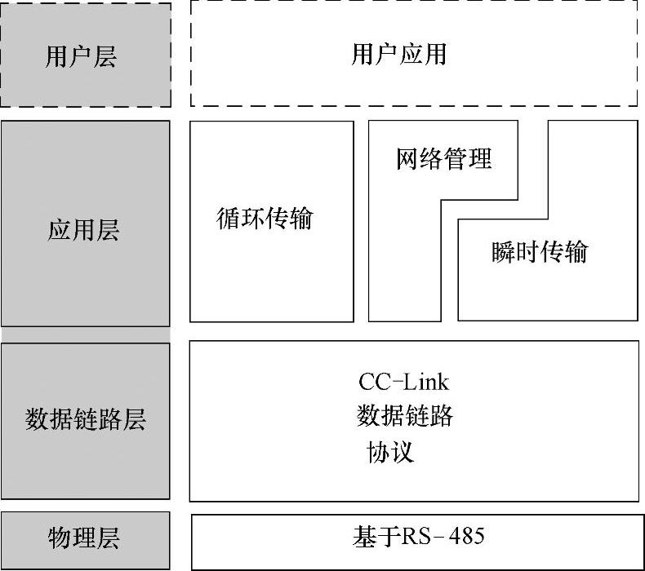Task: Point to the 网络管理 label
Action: click(444, 158)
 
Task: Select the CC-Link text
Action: click(404, 382)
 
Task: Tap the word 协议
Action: click(391, 452)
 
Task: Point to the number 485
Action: click(466, 537)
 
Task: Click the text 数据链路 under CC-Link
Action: click(405, 417)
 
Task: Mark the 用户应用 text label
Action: click(399, 55)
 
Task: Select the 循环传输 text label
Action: click(265, 219)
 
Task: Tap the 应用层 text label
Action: click(83, 231)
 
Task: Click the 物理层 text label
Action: click(84, 538)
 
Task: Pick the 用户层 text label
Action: click(81, 56)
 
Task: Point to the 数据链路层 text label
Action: click(85, 421)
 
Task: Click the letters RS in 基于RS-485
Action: click(411, 537)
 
